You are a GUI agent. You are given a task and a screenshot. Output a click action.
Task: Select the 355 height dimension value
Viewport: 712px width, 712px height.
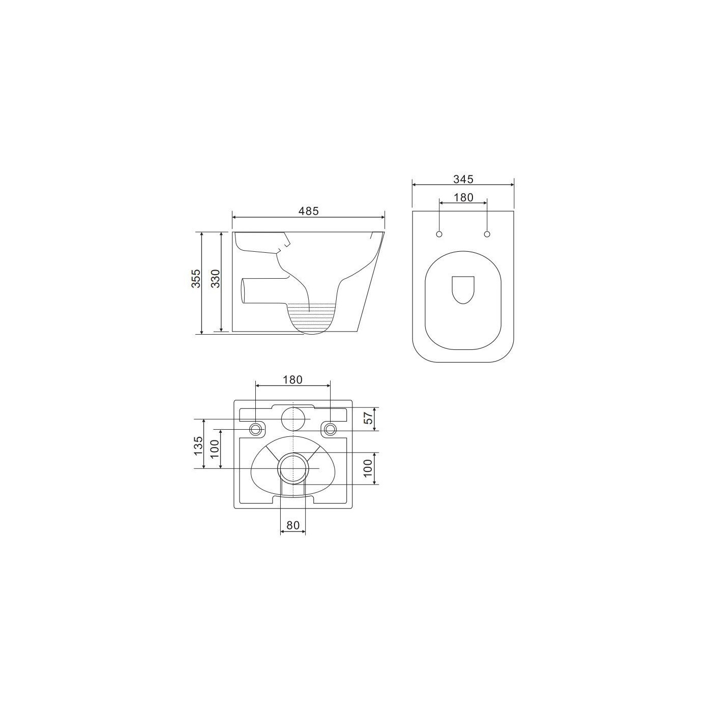tap(196, 278)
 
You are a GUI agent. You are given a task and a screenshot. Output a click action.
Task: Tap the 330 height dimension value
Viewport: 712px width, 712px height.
tap(216, 278)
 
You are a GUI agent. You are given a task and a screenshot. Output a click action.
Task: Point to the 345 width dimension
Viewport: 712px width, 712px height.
tap(463, 179)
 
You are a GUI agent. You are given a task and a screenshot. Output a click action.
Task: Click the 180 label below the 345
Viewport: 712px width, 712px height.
tap(463, 197)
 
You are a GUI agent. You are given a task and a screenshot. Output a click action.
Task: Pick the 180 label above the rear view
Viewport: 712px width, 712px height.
tap(292, 379)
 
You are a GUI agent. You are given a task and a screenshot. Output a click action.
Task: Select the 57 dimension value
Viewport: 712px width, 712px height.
tap(368, 419)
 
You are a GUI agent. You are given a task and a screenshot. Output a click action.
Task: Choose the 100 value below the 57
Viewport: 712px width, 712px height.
tap(368, 468)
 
